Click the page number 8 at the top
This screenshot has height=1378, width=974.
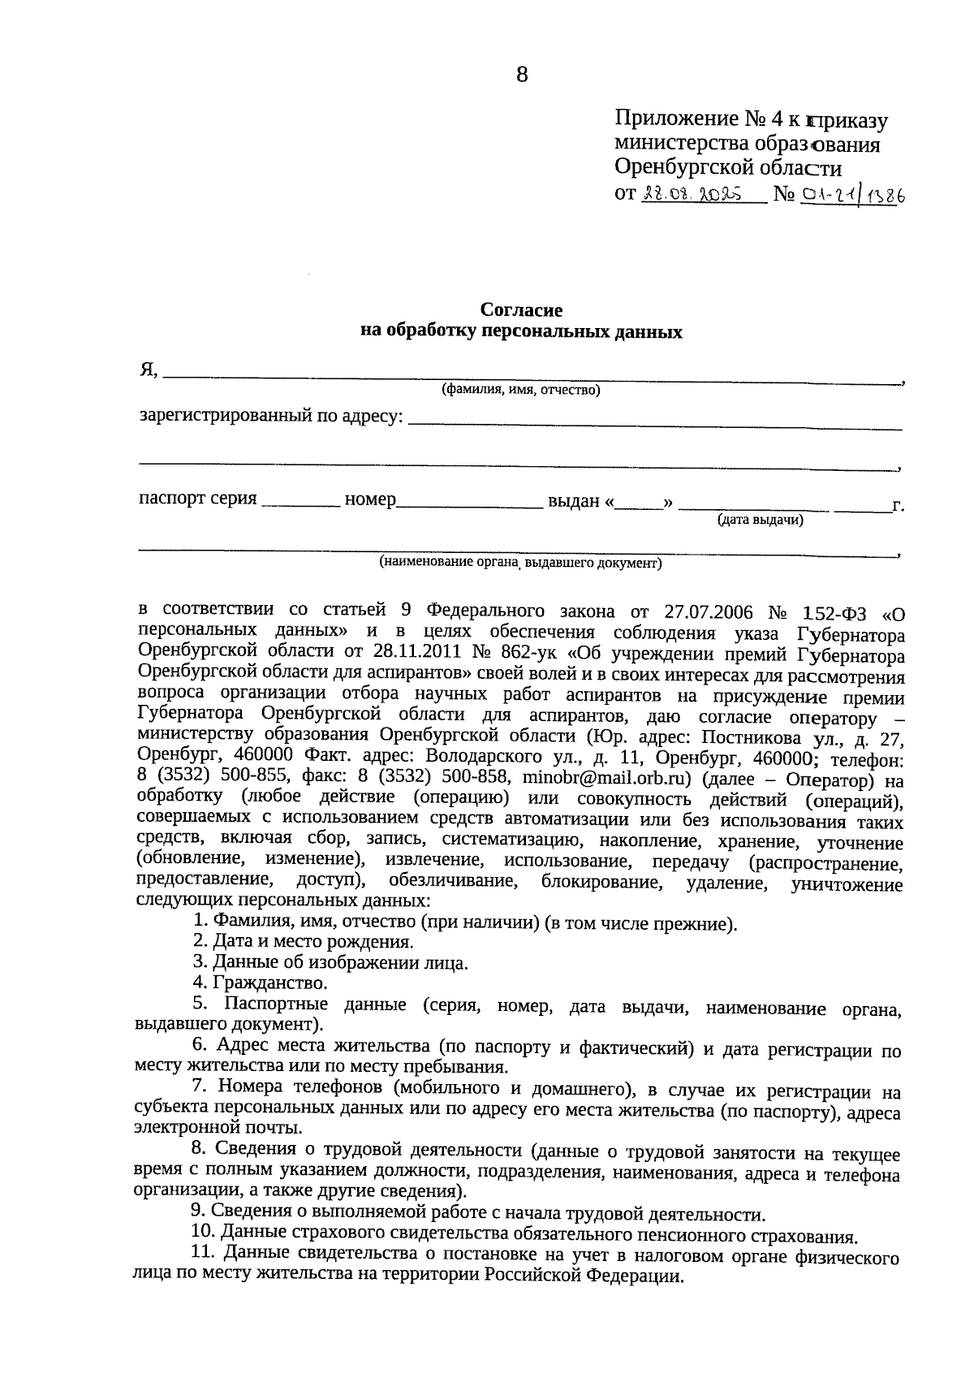pos(521,76)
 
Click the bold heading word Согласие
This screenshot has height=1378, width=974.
pos(521,310)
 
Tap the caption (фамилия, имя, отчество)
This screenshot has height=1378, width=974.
pos(520,391)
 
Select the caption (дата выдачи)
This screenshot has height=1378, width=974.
pos(760,521)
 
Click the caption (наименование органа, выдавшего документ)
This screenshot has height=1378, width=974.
pos(520,562)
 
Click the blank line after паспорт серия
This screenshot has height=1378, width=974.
pos(300,504)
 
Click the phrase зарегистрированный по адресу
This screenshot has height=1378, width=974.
pos(271,416)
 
